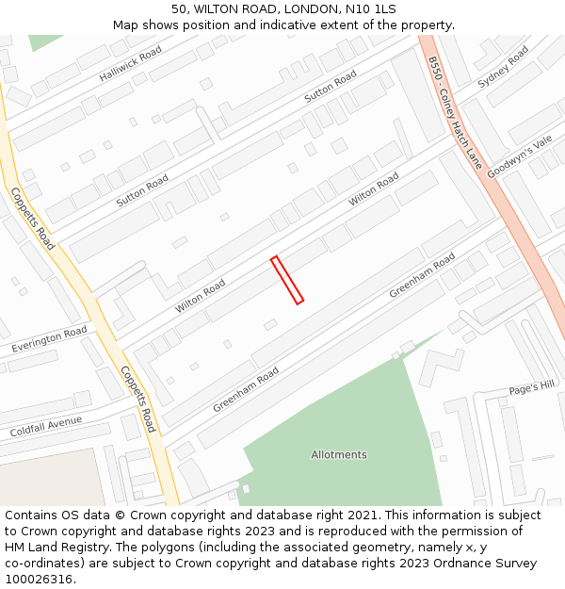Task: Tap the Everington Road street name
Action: click(49, 340)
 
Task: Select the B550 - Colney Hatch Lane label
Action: click(454, 112)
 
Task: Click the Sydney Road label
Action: click(503, 68)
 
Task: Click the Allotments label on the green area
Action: click(339, 454)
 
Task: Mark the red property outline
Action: click(287, 280)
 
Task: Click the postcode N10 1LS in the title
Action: click(370, 9)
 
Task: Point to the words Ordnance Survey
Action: click(490, 564)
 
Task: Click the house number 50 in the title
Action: click(179, 9)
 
